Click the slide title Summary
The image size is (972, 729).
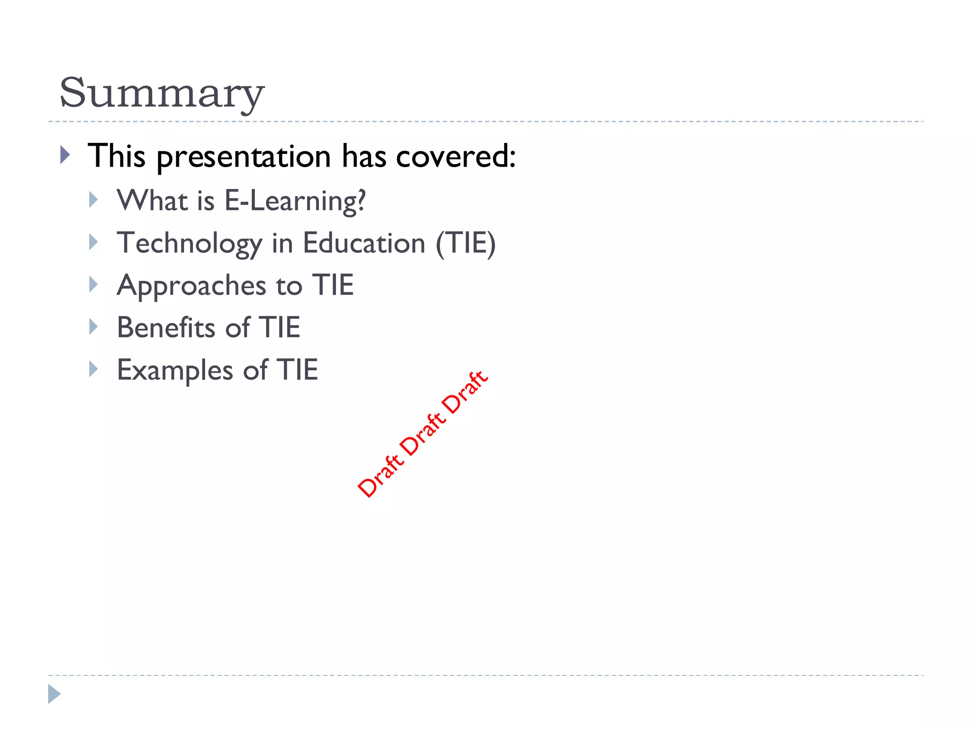pos(161,93)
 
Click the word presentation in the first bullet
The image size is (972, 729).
pos(243,157)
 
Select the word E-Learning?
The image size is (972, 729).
pos(295,201)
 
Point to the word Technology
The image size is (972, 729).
pos(189,244)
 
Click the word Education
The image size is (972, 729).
pos(364,243)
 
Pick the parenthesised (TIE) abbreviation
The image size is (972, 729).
pos(466,243)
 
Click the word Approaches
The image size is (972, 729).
pos(191,286)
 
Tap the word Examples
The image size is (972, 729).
pos(175,370)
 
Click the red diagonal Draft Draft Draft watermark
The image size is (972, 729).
pos(422,434)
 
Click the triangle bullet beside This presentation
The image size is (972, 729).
pos(65,155)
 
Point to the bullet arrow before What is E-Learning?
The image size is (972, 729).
pos(93,200)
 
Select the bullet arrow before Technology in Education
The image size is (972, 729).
pos(93,242)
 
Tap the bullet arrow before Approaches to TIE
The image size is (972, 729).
pos(93,284)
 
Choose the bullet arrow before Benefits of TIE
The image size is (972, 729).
pos(93,327)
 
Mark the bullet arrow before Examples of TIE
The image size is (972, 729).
pos(93,369)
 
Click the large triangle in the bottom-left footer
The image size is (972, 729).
pos(54,694)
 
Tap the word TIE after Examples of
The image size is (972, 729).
pos(298,370)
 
